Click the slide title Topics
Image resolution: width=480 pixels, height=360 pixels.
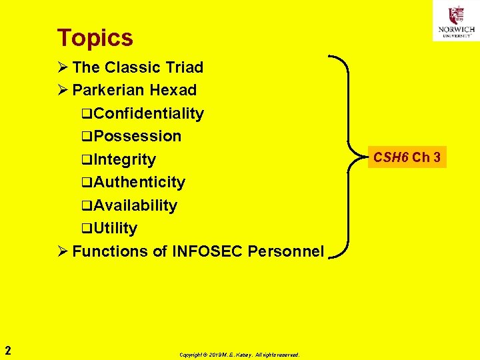(x=95, y=38)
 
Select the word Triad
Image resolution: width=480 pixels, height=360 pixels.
(x=183, y=67)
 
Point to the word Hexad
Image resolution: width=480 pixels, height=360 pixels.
(x=173, y=90)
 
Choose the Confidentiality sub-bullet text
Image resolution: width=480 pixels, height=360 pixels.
(x=148, y=113)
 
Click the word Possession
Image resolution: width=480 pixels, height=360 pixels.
(x=137, y=136)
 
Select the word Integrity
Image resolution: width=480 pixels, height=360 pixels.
(x=125, y=159)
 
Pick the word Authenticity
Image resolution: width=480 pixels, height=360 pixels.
(x=139, y=182)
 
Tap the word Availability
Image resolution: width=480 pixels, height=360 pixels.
(x=135, y=205)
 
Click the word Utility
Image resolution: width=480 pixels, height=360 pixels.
(x=115, y=228)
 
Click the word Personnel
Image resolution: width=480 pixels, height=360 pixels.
(x=285, y=251)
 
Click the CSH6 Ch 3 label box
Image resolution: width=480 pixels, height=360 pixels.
(x=407, y=158)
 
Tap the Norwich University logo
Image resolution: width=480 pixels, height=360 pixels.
(x=456, y=21)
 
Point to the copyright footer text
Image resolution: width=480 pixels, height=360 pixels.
(x=239, y=355)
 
